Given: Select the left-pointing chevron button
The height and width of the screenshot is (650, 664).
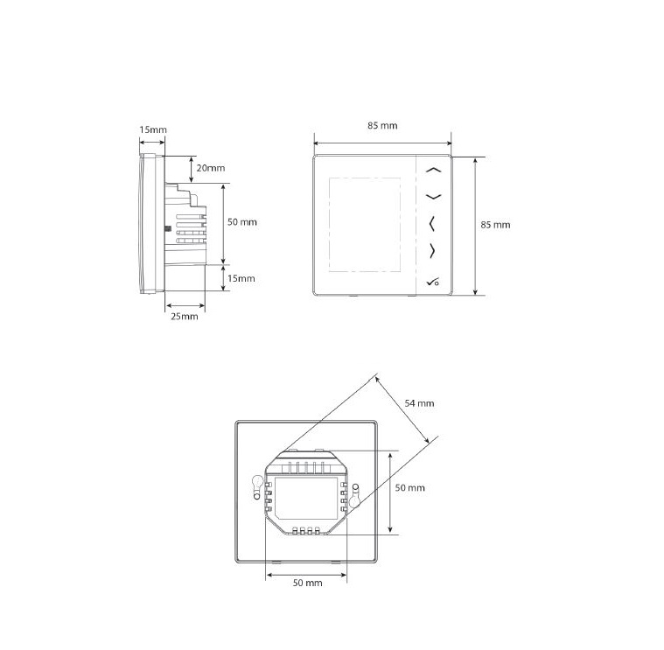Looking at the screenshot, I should click(x=432, y=224).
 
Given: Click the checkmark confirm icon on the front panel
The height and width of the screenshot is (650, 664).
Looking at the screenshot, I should click(x=433, y=281).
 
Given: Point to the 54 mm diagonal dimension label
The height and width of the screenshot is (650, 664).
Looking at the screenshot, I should click(x=421, y=403).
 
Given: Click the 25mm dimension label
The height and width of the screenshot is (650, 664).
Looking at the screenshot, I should click(x=185, y=317).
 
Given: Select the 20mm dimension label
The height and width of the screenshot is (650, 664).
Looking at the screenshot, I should click(x=211, y=168).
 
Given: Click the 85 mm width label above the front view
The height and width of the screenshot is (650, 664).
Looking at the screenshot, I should click(x=382, y=126).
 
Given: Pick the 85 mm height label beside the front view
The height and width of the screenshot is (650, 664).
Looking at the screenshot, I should click(x=495, y=225).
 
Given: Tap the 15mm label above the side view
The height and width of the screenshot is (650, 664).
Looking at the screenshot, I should click(x=153, y=129).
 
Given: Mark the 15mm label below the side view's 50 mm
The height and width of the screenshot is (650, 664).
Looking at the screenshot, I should click(x=241, y=278).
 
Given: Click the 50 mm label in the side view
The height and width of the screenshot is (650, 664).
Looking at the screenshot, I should click(x=242, y=222).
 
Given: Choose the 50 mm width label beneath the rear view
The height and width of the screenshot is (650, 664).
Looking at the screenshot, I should click(x=307, y=582).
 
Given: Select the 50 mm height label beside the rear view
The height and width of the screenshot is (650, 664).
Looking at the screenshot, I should click(x=410, y=486).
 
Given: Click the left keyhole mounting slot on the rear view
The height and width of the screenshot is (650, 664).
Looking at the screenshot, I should click(x=257, y=485).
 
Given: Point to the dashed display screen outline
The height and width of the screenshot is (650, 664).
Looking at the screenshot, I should click(x=365, y=224).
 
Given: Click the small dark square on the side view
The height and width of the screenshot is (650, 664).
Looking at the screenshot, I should click(x=169, y=229).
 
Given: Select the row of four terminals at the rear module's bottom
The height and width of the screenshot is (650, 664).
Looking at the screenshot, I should click(x=308, y=530).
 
